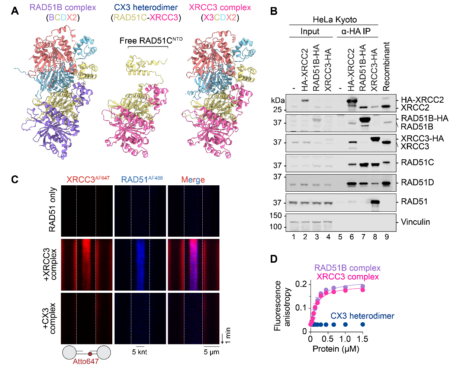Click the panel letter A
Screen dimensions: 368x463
(x=15, y=11)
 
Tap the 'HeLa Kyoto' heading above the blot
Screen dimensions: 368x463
(x=334, y=19)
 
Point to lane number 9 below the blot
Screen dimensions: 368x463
(x=387, y=237)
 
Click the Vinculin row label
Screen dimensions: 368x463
(x=415, y=222)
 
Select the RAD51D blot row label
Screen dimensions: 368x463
(x=417, y=182)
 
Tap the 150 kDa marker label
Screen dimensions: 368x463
(x=276, y=215)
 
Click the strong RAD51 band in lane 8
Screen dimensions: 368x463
(x=375, y=203)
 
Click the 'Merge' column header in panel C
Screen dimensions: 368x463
(x=193, y=180)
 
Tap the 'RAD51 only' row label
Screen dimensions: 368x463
(x=52, y=209)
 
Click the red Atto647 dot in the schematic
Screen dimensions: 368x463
(x=90, y=354)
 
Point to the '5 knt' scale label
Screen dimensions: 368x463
(x=139, y=352)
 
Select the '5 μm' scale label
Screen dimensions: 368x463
(x=211, y=352)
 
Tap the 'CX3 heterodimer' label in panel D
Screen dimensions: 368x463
(x=362, y=316)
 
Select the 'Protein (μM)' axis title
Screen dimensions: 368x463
(x=335, y=349)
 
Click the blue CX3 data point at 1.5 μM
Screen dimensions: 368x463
(x=363, y=324)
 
